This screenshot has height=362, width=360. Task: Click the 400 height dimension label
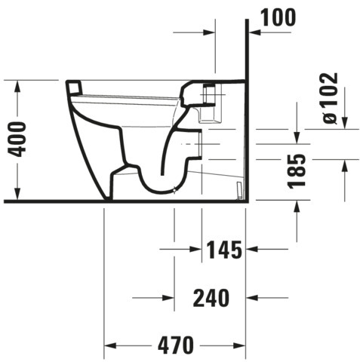pyautogui.click(x=17, y=139)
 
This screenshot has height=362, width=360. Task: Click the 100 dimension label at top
pyautogui.click(x=278, y=17)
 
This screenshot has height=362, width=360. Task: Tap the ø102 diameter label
pyautogui.click(x=331, y=98)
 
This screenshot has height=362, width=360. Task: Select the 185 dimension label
pyautogui.click(x=297, y=171)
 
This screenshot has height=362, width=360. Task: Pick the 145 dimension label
pyautogui.click(x=223, y=250)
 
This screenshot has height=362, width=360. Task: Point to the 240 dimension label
pyautogui.click(x=211, y=298)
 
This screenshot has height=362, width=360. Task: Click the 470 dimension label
pyautogui.click(x=176, y=345)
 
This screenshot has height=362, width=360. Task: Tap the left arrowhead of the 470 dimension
pyautogui.click(x=110, y=345)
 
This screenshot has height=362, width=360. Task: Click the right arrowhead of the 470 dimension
pyautogui.click(x=239, y=345)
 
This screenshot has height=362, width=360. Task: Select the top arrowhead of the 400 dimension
pyautogui.click(x=17, y=87)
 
